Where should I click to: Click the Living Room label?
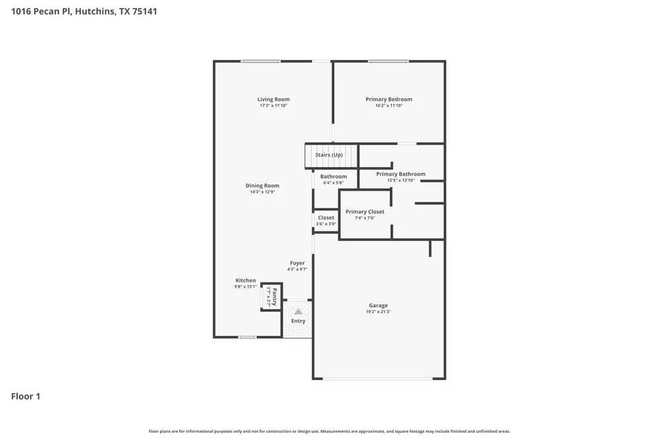(x=273, y=100)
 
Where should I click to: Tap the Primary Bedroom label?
(x=389, y=100)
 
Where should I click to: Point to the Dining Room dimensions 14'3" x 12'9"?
(x=262, y=192)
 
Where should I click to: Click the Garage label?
(x=378, y=305)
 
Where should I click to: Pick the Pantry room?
(x=272, y=296)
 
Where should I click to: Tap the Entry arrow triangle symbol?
(x=298, y=311)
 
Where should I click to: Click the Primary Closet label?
(x=364, y=212)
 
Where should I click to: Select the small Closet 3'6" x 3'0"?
(x=326, y=220)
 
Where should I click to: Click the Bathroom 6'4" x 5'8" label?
(x=333, y=177)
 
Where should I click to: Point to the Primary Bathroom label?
(x=401, y=174)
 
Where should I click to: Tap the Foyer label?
(x=297, y=263)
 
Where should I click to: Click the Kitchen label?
(x=246, y=280)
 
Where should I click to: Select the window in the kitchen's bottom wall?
(x=247, y=337)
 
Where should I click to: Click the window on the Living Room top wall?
(x=260, y=61)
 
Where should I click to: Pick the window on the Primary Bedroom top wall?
(x=388, y=61)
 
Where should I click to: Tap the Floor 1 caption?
(x=26, y=396)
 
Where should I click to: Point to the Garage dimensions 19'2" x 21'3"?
(x=378, y=311)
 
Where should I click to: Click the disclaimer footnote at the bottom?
(x=329, y=431)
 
